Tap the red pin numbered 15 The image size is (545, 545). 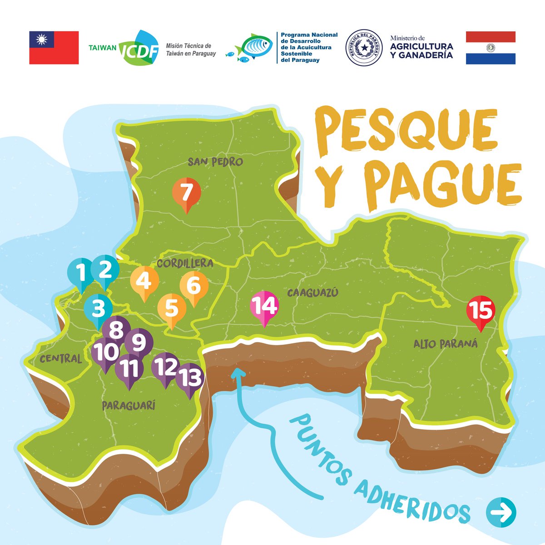click(x=481, y=312)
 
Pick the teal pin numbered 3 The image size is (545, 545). click(x=98, y=310)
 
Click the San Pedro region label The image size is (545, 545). click(x=215, y=162)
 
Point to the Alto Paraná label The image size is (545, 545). click(x=446, y=344)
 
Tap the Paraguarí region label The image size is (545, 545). click(x=129, y=405)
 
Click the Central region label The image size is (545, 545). click(x=61, y=359)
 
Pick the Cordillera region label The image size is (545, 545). click(x=185, y=263)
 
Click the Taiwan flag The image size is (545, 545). click(x=54, y=48)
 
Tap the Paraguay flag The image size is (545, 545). click(x=490, y=48)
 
